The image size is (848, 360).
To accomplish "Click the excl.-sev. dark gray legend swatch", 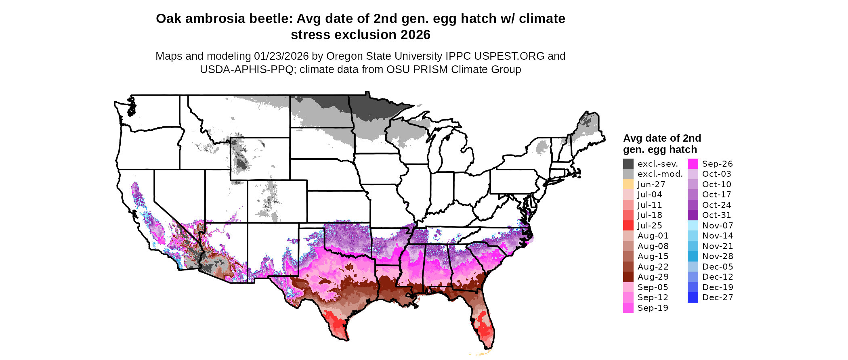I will point(628,163).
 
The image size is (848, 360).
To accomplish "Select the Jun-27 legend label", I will point(651,184).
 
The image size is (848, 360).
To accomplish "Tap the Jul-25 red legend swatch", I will point(628,225).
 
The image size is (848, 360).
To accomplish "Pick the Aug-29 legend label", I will point(653,277).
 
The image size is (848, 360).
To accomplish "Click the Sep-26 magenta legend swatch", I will point(693,163).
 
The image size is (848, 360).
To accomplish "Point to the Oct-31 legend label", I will point(716,215).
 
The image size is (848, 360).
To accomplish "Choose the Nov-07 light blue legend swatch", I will point(693,225).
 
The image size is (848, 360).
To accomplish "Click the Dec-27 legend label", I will point(717,297).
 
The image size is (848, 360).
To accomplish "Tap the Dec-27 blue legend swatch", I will point(693,297).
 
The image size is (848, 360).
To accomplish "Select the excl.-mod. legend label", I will point(660,174).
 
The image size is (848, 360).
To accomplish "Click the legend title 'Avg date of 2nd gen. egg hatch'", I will point(662,144).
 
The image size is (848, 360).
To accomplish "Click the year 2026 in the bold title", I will point(416,35).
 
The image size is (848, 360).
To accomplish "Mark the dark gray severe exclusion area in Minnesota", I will point(372,107).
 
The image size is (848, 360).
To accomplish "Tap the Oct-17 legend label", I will point(716,195).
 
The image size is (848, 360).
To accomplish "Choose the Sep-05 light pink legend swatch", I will point(628,287).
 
